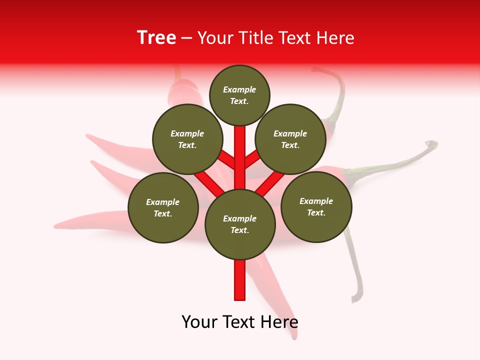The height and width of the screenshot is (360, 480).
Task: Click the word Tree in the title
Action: [156, 38]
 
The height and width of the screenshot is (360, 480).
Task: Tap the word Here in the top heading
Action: [335, 38]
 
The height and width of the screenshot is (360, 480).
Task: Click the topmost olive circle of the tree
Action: [239, 95]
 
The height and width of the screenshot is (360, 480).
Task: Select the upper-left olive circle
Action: [187, 139]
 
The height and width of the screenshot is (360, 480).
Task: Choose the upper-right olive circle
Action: [290, 139]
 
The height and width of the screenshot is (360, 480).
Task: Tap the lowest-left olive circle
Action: [163, 207]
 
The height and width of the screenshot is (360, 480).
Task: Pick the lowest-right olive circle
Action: [316, 206]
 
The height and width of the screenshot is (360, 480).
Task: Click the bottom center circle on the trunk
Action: [240, 224]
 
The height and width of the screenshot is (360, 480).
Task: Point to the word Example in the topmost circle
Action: [239, 89]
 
